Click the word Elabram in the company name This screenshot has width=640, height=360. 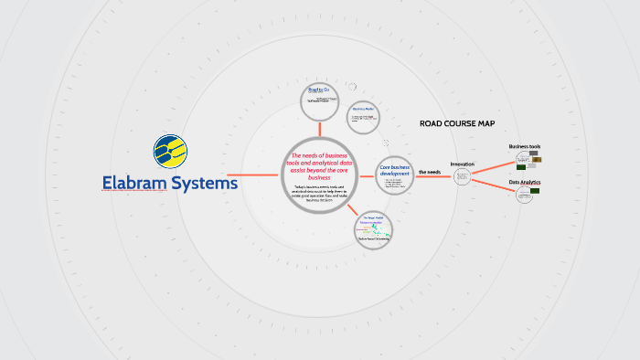137,183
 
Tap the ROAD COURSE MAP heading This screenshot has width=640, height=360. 457,123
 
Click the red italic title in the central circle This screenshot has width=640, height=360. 319,166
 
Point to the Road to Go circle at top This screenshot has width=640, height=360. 318,98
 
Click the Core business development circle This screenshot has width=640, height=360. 395,175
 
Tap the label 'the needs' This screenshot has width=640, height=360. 430,171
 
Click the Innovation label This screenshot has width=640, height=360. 463,164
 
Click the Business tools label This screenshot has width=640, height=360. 525,146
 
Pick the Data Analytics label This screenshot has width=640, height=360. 525,183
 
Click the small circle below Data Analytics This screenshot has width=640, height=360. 525,195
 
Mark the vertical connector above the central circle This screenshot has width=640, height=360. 318,127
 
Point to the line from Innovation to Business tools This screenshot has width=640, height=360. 494,167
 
